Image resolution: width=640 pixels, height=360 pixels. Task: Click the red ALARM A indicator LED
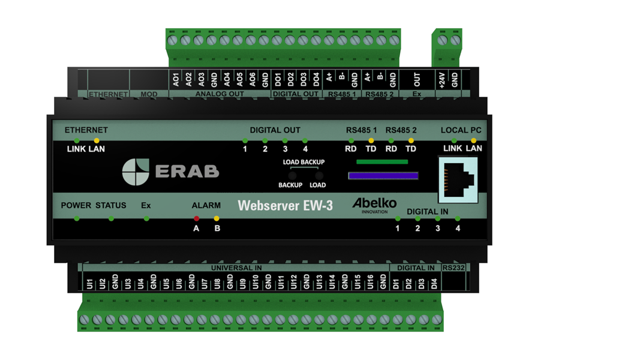click(196, 218)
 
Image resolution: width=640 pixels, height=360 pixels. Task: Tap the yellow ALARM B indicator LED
click(217, 218)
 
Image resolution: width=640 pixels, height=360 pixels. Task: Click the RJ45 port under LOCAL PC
click(458, 179)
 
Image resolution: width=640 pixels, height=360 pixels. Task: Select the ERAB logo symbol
click(136, 172)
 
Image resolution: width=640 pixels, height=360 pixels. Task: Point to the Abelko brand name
click(374, 203)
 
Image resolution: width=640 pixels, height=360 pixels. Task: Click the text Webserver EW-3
click(286, 205)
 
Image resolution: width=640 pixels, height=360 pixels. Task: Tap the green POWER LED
click(76, 218)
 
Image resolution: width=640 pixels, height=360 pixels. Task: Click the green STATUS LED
click(111, 218)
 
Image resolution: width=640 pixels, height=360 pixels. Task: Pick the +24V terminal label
click(441, 80)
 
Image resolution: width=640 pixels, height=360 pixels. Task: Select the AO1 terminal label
click(176, 80)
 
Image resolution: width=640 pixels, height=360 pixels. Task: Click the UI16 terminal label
click(370, 281)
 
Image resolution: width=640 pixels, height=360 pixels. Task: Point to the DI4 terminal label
click(434, 284)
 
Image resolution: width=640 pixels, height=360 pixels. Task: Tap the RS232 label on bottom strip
click(453, 268)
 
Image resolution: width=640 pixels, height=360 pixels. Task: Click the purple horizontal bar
click(383, 176)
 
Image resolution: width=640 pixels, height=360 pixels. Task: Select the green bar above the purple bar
click(382, 162)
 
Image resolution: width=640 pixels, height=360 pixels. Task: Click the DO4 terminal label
click(316, 80)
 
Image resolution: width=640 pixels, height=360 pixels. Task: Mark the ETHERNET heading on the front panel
click(86, 130)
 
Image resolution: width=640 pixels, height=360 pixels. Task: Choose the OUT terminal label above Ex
click(417, 80)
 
